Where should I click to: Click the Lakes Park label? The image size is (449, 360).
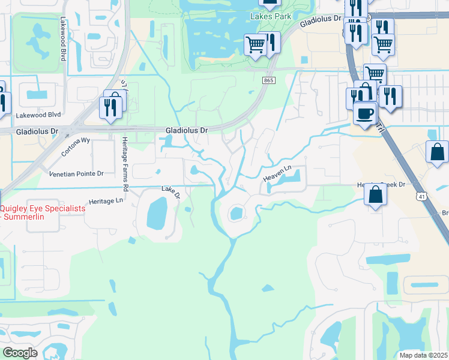[271, 16]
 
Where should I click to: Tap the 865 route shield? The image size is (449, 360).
[268, 80]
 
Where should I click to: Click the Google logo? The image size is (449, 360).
[20, 352]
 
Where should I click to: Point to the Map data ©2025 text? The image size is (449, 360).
[423, 355]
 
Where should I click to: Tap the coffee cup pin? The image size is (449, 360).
[364, 113]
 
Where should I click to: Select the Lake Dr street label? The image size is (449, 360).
[170, 191]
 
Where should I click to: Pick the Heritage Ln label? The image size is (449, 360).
[105, 201]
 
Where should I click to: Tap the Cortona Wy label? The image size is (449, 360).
[76, 147]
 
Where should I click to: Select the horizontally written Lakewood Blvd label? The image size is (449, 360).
[39, 114]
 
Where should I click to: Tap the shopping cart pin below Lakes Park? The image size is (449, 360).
[256, 45]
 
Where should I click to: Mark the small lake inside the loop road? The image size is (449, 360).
[236, 213]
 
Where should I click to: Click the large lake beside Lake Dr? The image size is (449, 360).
[156, 214]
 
